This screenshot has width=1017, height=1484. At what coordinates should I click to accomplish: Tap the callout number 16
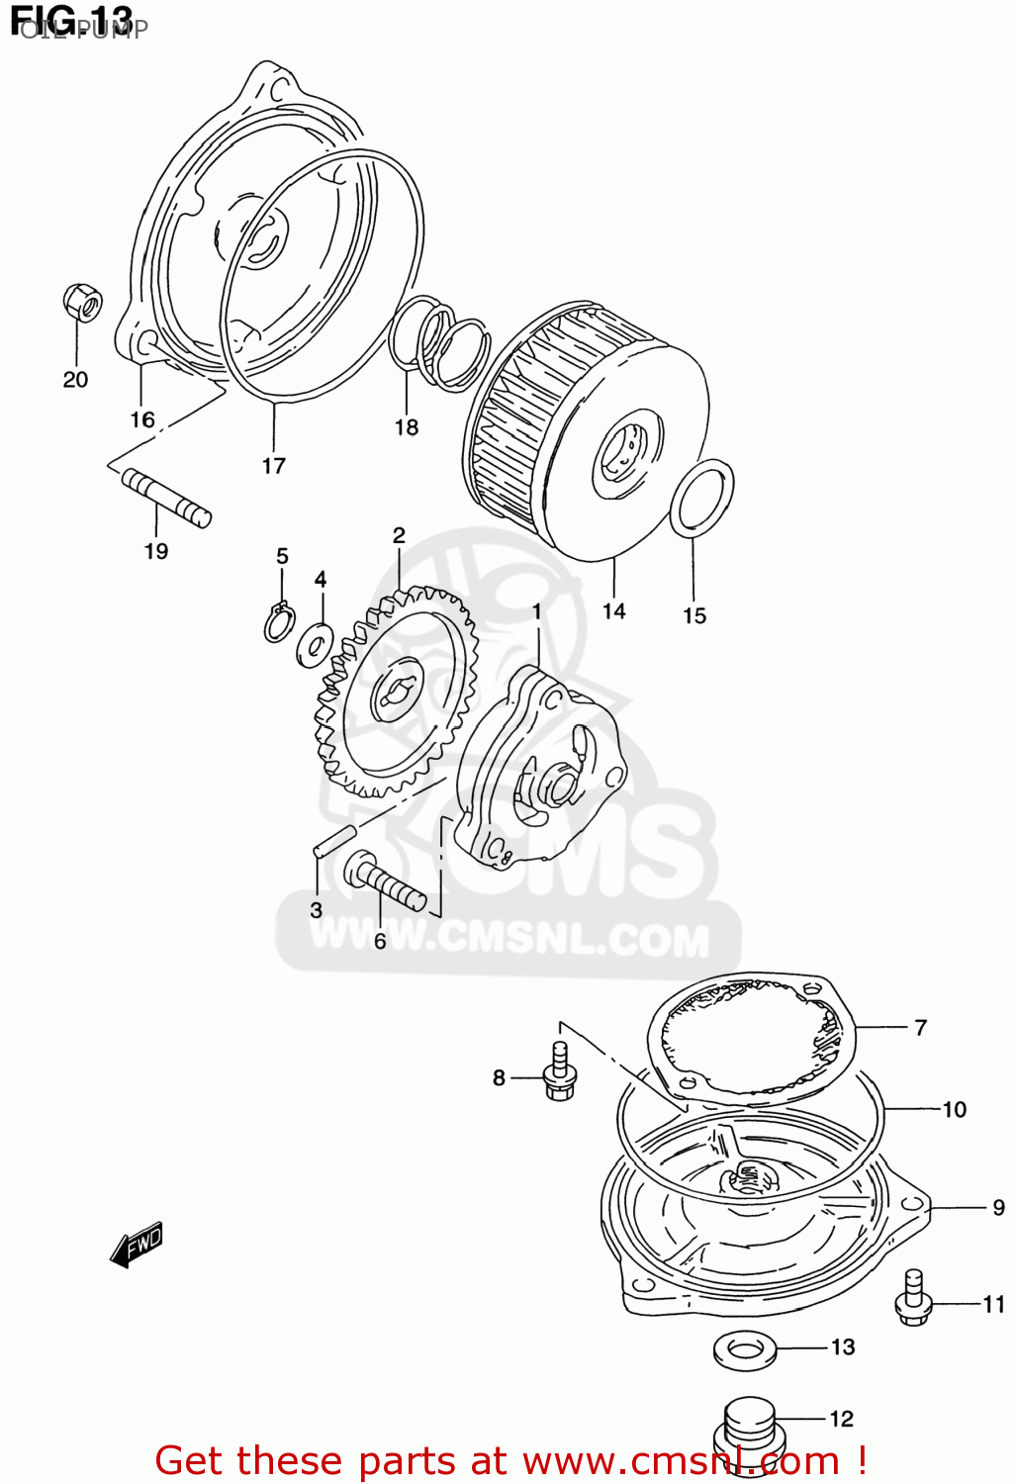(142, 419)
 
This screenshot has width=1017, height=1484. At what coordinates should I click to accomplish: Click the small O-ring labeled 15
(702, 500)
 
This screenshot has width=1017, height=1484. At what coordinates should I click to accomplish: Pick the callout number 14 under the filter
(614, 611)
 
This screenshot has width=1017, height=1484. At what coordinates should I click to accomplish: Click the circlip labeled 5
(279, 622)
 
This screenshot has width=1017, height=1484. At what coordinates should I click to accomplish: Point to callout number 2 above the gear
(399, 536)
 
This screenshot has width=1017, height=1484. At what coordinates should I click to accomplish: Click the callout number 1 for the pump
(537, 612)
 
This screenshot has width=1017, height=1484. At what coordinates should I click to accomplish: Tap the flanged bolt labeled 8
(560, 1070)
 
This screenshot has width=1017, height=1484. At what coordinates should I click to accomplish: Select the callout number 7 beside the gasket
(920, 1027)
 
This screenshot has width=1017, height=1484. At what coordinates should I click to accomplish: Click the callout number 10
(954, 1109)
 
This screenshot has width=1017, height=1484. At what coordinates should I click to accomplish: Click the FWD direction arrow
(137, 1244)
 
